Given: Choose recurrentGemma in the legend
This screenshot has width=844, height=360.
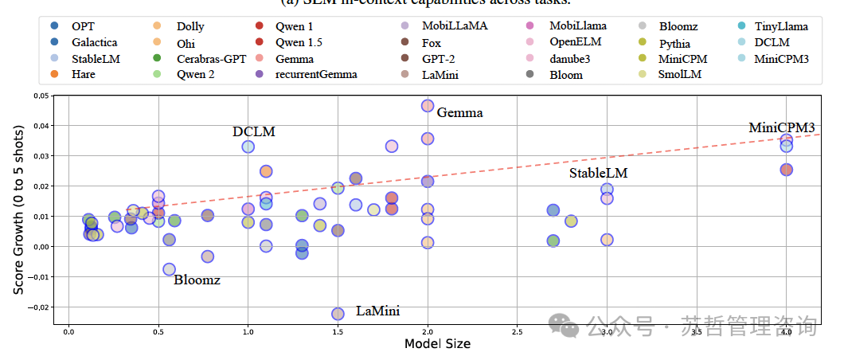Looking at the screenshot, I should pos(315,75).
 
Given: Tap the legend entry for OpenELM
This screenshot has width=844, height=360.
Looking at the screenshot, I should pos(576,43).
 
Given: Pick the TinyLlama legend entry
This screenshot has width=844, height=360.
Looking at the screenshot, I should pos(780,27).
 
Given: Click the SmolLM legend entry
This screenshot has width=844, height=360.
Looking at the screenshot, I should pos(680,75).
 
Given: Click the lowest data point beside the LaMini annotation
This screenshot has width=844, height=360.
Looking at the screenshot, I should pos(338,314).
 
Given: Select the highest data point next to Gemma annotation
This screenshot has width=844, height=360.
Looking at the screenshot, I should pos(428,106).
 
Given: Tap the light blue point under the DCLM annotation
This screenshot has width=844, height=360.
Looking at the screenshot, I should pos(248,147).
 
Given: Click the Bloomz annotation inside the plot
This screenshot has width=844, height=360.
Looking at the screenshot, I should pos(197,280).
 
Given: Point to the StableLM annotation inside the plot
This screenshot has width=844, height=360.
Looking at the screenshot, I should pos(598,173).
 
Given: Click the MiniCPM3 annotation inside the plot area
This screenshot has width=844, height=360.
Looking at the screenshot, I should pos(781,128).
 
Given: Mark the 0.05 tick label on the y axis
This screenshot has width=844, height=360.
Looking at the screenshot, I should pos(39,96).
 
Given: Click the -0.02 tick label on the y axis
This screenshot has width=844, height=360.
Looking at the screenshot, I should pos(38,307).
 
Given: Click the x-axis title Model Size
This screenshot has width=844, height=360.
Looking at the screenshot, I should pos(437,344).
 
